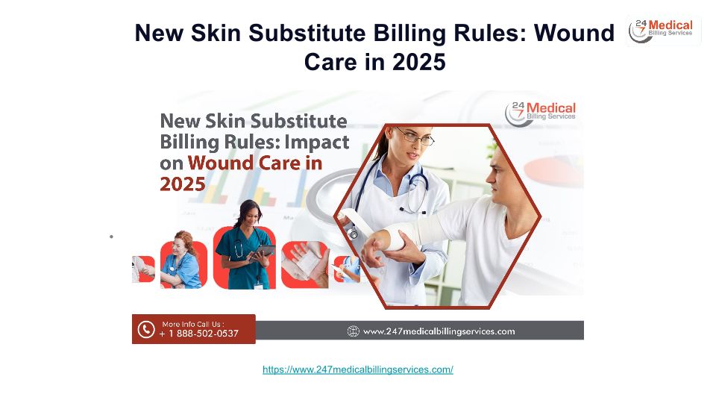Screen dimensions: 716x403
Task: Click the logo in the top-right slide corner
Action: (x=664, y=30)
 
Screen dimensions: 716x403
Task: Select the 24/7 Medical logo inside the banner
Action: (x=540, y=113)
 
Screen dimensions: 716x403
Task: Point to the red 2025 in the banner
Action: (x=183, y=184)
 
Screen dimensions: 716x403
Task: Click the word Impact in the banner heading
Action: (x=317, y=142)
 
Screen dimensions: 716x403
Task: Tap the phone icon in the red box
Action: (x=146, y=329)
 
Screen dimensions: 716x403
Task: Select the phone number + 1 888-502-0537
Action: (x=198, y=334)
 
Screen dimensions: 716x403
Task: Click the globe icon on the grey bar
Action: (x=353, y=331)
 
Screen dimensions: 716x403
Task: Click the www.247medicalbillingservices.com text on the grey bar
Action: (x=439, y=331)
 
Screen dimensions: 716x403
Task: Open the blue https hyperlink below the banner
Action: (x=358, y=369)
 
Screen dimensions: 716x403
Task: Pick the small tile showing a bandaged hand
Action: (x=304, y=264)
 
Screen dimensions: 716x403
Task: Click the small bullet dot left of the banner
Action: (x=111, y=237)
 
